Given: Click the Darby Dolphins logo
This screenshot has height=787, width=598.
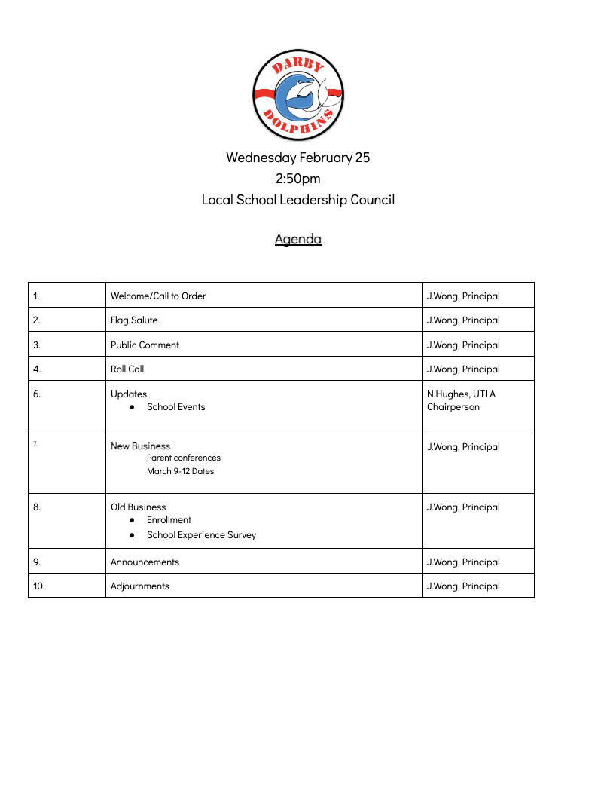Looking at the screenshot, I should pos(297,94).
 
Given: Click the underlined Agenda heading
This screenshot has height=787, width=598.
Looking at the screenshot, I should pos(297,239).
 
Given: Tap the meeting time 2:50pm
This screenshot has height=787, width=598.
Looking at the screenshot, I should pos(297,179).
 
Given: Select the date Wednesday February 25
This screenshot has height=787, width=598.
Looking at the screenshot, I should pos(297,158).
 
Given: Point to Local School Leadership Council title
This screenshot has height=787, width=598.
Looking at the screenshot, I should pos(297,200).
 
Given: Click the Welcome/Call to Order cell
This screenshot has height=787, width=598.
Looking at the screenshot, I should pos(158,296).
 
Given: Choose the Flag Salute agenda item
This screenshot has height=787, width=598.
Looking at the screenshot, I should pos(134,320).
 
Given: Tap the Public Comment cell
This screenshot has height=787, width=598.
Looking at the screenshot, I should pos(145,345).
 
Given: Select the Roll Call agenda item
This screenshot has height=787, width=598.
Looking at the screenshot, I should pos(127,369).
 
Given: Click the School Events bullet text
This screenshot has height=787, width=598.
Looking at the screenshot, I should pos(175,407).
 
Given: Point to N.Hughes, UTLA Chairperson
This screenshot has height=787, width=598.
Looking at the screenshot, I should pos(461,400).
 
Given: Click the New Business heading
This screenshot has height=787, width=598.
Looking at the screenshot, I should pos(140,446).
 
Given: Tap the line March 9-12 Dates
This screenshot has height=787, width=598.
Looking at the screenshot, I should pos(180,471).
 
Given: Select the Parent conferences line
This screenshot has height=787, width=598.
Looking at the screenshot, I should pos(183,458).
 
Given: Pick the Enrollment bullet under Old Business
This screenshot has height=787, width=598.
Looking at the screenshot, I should pos(169,520).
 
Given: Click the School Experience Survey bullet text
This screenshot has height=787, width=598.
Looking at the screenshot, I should pos(201,535).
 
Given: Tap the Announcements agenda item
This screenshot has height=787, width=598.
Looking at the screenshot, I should pos(145,562).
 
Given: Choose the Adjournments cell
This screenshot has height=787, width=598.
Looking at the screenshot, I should pos(139,586).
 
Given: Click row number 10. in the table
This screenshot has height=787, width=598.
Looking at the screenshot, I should pos(38,586).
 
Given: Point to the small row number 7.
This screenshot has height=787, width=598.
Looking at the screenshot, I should pos(35,443).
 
